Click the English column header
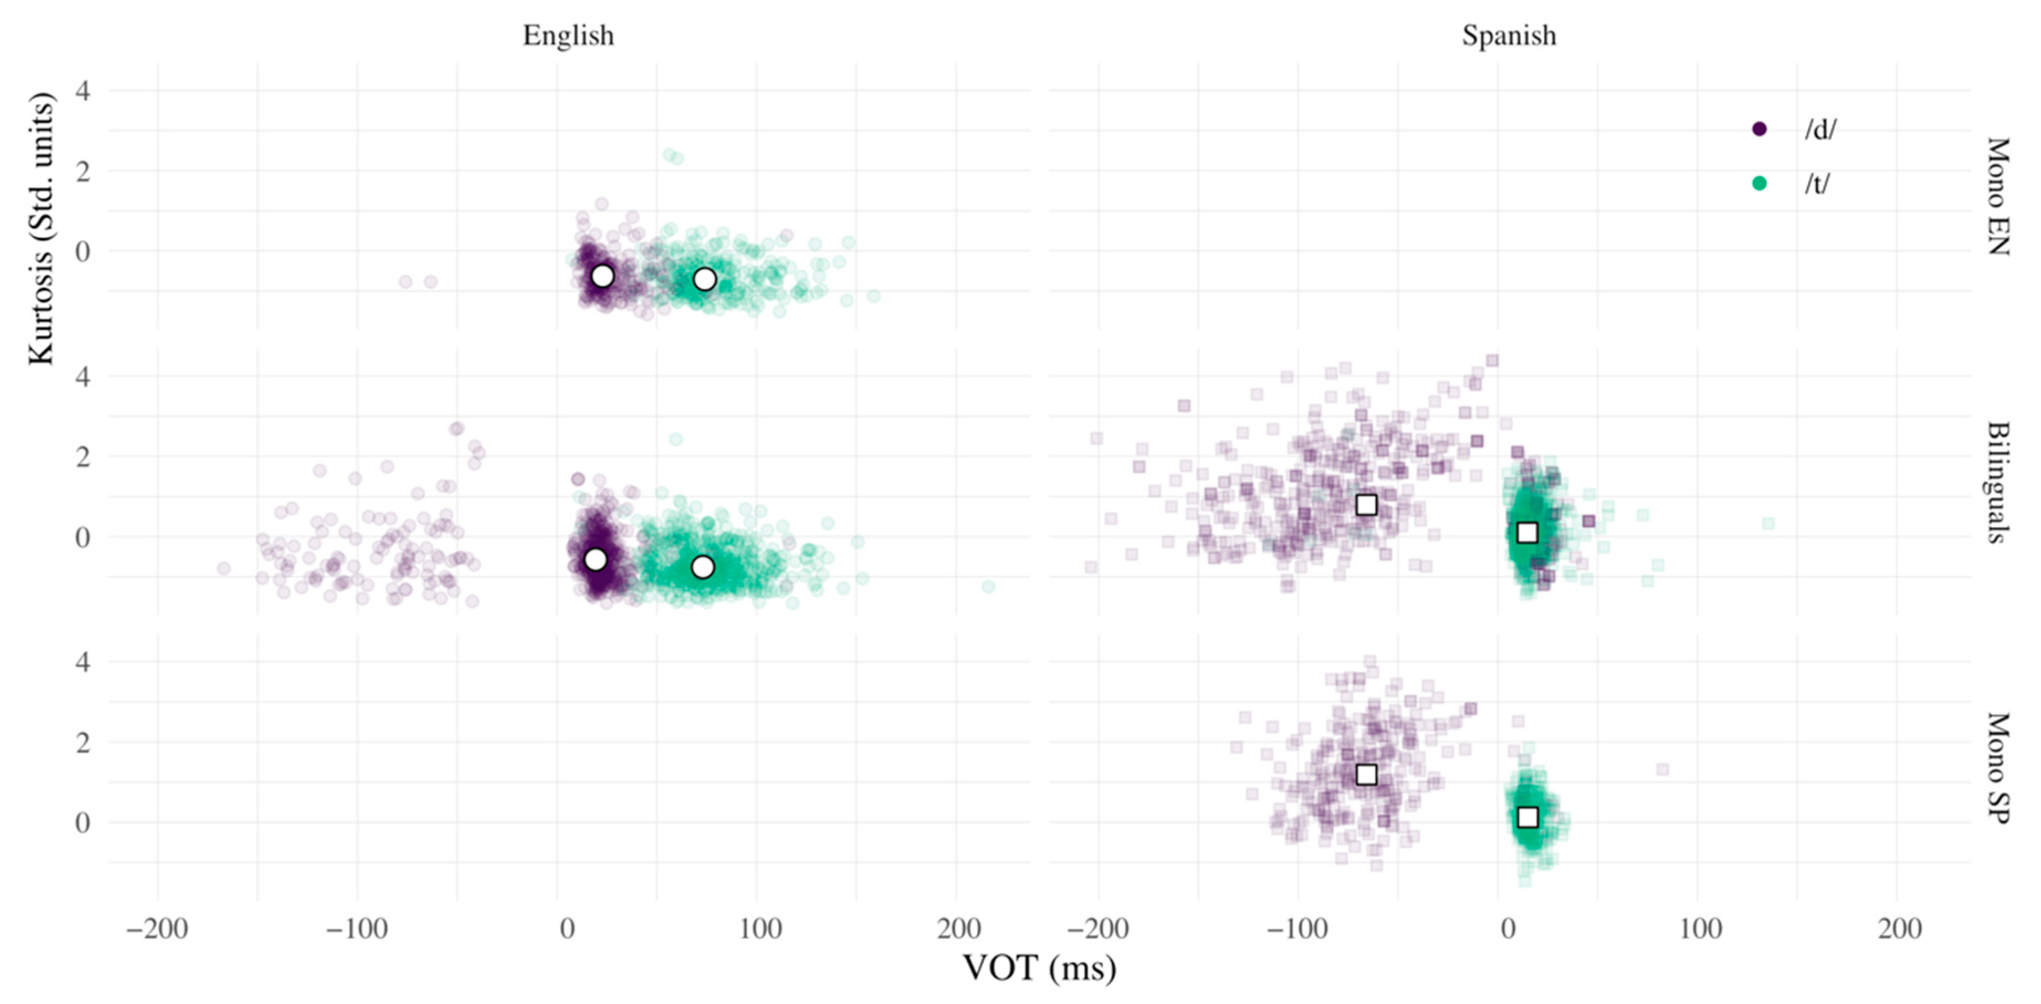coord(568,36)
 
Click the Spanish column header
coord(1509,36)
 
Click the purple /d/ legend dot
coord(1759,128)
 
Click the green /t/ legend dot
coord(1759,184)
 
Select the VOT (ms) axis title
coord(1038,968)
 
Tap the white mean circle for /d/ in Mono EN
coord(603,276)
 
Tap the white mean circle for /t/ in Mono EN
coord(704,279)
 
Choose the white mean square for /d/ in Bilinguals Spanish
coord(1366,505)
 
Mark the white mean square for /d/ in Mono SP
coord(1366,774)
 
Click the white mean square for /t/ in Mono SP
coord(1528,817)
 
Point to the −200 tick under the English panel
coord(157,929)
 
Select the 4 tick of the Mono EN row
coord(82,90)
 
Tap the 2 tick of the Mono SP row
coord(82,743)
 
